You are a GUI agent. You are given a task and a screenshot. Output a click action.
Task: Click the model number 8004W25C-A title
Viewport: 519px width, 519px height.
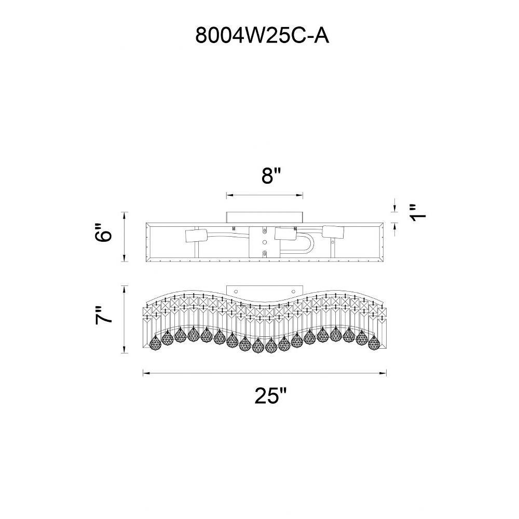(x=262, y=35)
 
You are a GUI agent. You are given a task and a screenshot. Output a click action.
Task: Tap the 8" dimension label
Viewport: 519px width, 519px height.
(x=271, y=176)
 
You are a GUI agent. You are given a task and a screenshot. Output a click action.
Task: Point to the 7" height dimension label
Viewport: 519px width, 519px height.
(x=104, y=316)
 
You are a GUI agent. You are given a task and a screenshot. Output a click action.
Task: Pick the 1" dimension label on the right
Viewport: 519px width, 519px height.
(x=417, y=213)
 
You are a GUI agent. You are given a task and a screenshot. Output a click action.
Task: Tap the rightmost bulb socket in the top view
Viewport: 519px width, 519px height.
(x=333, y=231)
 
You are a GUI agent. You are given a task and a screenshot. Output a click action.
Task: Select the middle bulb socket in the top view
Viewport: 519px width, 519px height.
(x=285, y=235)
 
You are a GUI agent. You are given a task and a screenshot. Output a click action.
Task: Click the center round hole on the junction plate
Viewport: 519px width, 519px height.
(x=265, y=242)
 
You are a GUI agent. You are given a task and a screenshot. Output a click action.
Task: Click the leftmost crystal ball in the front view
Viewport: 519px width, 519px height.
(x=155, y=342)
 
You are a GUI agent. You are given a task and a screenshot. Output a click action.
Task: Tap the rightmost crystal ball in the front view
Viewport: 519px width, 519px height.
(x=374, y=342)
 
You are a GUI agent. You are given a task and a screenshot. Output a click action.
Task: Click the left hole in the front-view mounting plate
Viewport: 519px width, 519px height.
(x=236, y=291)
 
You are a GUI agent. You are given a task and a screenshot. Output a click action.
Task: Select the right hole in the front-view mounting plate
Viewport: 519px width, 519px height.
(x=294, y=291)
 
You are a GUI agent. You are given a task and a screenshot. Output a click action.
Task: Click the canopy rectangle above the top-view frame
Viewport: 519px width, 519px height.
(x=265, y=217)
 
